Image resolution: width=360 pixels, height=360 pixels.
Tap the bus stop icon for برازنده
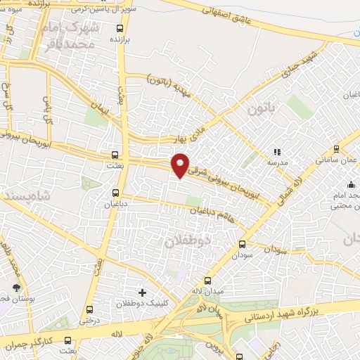(120, 28)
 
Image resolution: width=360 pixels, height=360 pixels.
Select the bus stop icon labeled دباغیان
(115, 192)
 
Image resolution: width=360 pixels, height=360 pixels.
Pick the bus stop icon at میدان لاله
(207, 281)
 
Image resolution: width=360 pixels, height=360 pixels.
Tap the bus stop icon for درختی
(89, 309)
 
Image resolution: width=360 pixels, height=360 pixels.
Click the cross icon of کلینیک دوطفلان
(142, 292)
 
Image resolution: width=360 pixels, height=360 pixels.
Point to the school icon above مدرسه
(276, 151)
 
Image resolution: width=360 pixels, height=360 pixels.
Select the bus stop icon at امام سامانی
(335, 148)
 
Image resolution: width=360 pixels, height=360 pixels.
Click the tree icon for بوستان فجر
(16, 288)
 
